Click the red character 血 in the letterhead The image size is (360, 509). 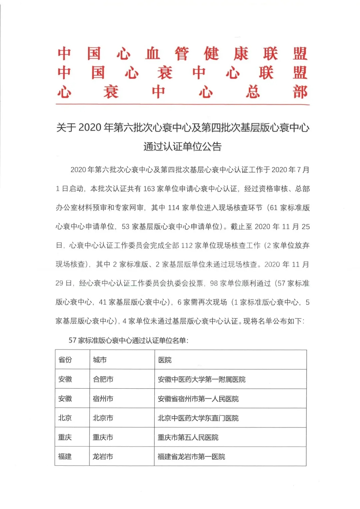[153, 54]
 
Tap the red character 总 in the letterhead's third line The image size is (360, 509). [253, 92]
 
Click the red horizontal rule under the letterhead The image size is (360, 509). [182, 105]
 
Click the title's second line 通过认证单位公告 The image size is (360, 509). [182, 147]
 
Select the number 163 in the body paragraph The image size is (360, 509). [149, 189]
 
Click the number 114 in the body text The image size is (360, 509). [174, 208]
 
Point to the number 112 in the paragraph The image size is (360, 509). [187, 246]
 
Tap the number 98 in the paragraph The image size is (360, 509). [214, 283]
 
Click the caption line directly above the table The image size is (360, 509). [128, 340]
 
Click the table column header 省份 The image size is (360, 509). [65, 360]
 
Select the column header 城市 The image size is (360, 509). [100, 360]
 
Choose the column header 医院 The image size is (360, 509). [165, 360]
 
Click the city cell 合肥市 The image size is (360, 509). [103, 379]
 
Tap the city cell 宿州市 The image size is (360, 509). [103, 399]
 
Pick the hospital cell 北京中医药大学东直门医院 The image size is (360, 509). [198, 418]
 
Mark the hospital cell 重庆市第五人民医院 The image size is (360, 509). [188, 437]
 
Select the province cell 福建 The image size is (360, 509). [65, 457]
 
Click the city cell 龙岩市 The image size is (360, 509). [103, 457]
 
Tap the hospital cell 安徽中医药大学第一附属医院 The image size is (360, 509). [202, 379]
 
